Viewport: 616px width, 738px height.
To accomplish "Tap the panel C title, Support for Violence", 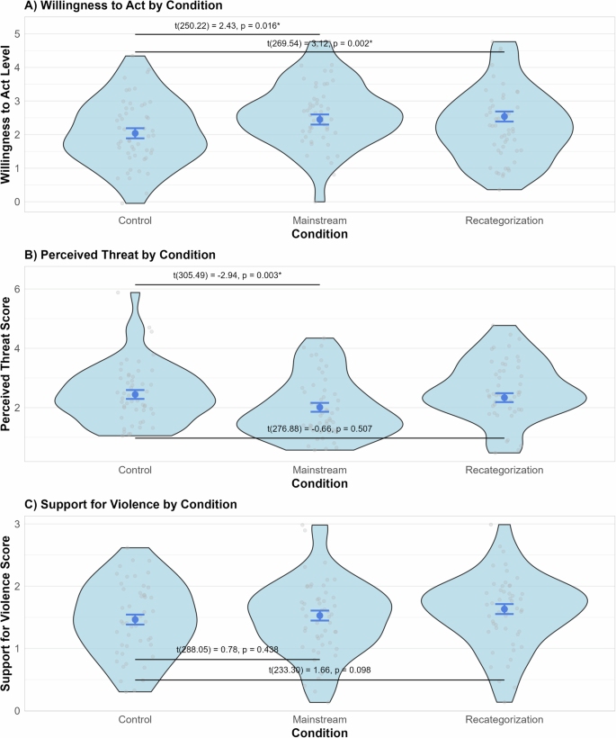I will (x=119, y=504).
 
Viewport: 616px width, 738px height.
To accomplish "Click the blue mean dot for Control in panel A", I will (x=135, y=133).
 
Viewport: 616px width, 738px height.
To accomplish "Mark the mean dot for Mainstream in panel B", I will (x=319, y=408).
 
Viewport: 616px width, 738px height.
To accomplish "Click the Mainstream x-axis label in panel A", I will (x=319, y=220).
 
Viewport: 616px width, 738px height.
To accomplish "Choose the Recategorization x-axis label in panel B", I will (x=504, y=470).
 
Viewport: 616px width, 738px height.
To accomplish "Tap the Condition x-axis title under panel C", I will (x=319, y=732).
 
